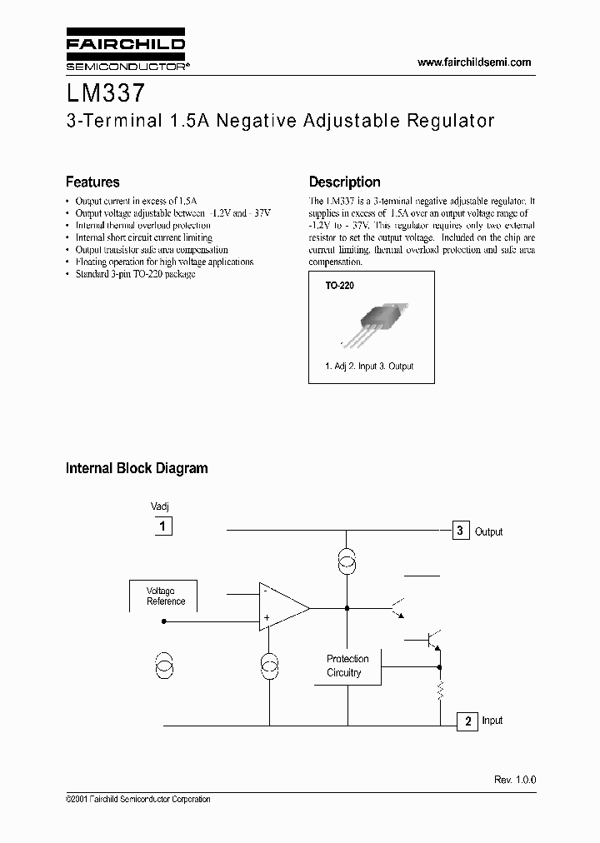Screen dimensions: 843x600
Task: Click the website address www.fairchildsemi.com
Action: click(x=473, y=62)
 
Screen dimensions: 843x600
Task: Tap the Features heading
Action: click(x=92, y=182)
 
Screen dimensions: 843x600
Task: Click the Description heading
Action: click(x=344, y=182)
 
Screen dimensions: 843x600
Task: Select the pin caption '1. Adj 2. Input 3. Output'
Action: click(x=369, y=366)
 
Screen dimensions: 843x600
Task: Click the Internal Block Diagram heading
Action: click(x=137, y=468)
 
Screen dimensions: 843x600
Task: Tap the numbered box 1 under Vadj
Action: click(x=163, y=526)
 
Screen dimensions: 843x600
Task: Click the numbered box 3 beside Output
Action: click(x=461, y=531)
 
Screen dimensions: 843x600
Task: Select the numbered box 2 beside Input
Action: click(x=467, y=721)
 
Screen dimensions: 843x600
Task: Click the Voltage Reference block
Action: click(x=166, y=596)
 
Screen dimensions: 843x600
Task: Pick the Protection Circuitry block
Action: click(x=347, y=665)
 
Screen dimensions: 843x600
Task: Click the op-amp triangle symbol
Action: click(x=282, y=607)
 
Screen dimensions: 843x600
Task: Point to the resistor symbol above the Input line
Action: click(x=440, y=690)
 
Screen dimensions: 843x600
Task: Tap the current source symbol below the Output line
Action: click(x=347, y=562)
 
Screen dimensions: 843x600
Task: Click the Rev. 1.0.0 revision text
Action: click(x=515, y=779)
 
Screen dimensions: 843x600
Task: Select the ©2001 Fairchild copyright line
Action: click(x=137, y=799)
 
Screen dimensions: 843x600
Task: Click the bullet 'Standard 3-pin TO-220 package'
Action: click(x=135, y=273)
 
